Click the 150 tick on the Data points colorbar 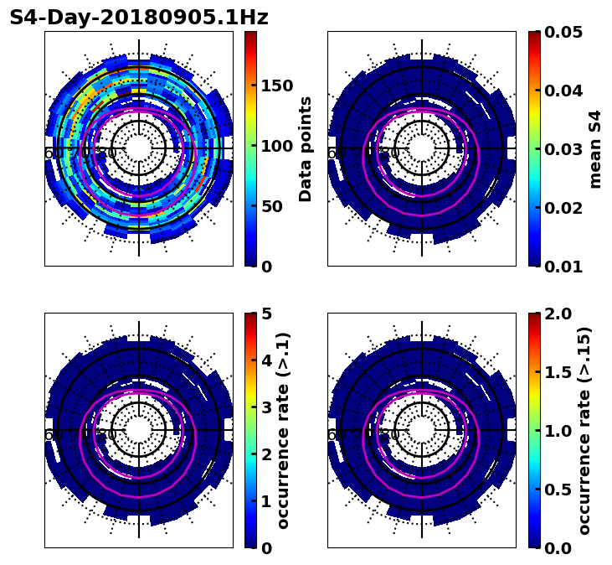[x=277, y=86]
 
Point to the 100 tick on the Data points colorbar [x=277, y=146]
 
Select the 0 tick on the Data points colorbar [x=266, y=267]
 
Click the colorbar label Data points [x=306, y=148]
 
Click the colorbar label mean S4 [x=595, y=148]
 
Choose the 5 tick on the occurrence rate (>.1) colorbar [x=266, y=314]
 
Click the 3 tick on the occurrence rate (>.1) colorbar [x=266, y=407]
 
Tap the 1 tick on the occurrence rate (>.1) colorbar [x=266, y=501]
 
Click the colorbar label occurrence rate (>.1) [x=283, y=430]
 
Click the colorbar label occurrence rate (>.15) [x=584, y=430]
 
